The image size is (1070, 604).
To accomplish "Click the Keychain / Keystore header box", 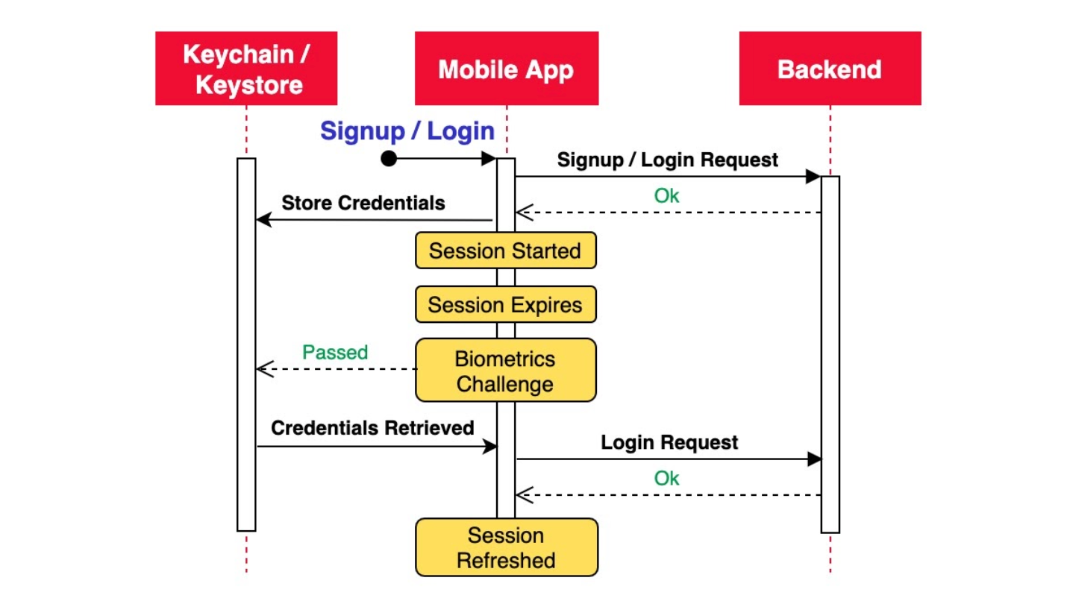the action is click(246, 69).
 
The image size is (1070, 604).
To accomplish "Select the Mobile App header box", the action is click(507, 69).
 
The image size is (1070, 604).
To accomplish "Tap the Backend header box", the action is click(830, 69).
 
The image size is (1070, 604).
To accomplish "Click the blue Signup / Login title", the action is click(407, 130).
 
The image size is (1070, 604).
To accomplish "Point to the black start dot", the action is click(389, 158).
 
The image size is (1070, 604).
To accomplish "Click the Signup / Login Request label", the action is click(667, 160).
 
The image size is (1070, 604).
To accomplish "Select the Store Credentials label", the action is click(363, 203).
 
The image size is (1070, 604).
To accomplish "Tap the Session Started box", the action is click(505, 251).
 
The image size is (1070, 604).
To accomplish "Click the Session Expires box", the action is click(505, 304).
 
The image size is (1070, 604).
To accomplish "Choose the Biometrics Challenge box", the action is click(505, 370).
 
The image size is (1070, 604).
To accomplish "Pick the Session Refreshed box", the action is click(507, 547).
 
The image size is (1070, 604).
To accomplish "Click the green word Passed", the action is click(335, 353).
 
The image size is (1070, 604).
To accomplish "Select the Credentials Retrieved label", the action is click(372, 428).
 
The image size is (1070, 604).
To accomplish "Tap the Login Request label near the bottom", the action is click(669, 443).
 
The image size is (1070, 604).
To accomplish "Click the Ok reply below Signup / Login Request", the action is click(666, 196).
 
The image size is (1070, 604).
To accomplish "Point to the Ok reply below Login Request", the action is click(666, 479).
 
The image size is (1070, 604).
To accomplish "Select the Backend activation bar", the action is click(830, 354).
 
